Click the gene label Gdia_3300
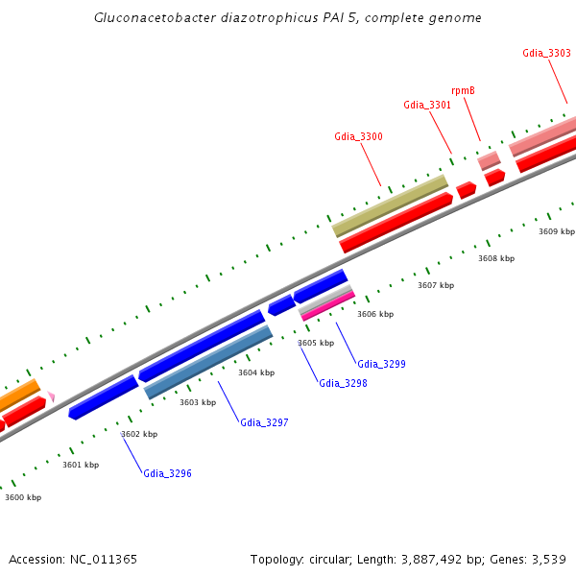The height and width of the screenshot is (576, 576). [358, 136]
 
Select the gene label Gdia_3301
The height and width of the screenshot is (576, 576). [427, 105]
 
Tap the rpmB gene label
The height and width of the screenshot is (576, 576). [463, 90]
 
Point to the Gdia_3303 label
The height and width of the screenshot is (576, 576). [546, 53]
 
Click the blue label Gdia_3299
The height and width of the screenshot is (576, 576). [381, 364]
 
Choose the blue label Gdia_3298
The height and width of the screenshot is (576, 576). [343, 383]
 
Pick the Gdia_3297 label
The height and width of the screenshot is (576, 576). [264, 422]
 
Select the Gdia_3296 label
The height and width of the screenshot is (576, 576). [167, 473]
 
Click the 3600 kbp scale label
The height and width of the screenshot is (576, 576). [23, 497]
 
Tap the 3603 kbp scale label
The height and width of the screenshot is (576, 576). [198, 402]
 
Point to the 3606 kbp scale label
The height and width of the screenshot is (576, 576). [375, 314]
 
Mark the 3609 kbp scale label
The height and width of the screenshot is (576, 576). [557, 231]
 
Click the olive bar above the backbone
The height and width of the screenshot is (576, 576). [391, 205]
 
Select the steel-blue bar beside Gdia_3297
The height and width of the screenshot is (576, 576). [208, 361]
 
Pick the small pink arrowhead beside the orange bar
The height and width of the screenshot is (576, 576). [51, 396]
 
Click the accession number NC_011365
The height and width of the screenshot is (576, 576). [103, 559]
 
